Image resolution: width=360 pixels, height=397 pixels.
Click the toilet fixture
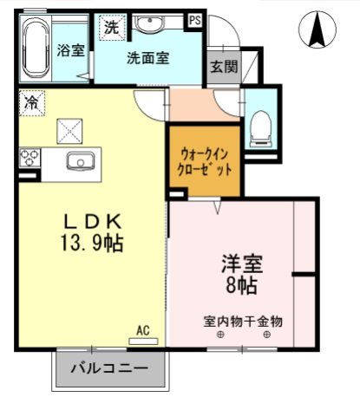click(x=259, y=128)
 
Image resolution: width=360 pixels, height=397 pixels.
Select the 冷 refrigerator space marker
click(x=30, y=102)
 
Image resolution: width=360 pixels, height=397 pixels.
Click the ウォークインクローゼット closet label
click(x=205, y=161)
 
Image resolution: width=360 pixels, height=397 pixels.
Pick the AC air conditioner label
click(x=143, y=329)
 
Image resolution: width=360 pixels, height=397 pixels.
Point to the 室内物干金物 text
click(x=243, y=320)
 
